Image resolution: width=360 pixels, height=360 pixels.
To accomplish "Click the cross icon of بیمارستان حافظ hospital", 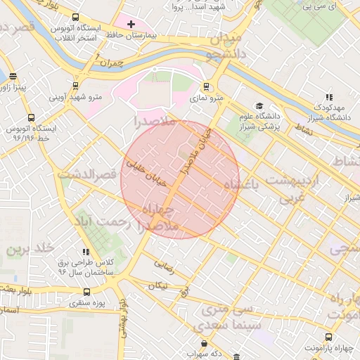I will point(131,24).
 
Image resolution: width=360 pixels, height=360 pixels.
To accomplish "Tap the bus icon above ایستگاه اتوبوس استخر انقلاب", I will point(75,18).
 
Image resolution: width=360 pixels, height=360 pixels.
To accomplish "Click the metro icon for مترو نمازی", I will point(206,87).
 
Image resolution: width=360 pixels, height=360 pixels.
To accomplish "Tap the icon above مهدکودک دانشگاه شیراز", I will point(328,98).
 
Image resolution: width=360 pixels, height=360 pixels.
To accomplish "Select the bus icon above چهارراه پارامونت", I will point(329,336).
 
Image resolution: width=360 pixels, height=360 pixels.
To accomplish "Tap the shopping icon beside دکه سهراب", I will point(205,344).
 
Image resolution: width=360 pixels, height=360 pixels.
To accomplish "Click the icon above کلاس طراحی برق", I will point(86,251).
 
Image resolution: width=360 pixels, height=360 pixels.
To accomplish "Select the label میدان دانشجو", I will point(225,44).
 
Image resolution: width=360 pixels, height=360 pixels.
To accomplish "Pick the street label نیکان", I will point(159,286).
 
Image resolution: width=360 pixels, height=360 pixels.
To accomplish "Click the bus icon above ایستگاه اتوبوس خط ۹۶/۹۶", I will point(30,118).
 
